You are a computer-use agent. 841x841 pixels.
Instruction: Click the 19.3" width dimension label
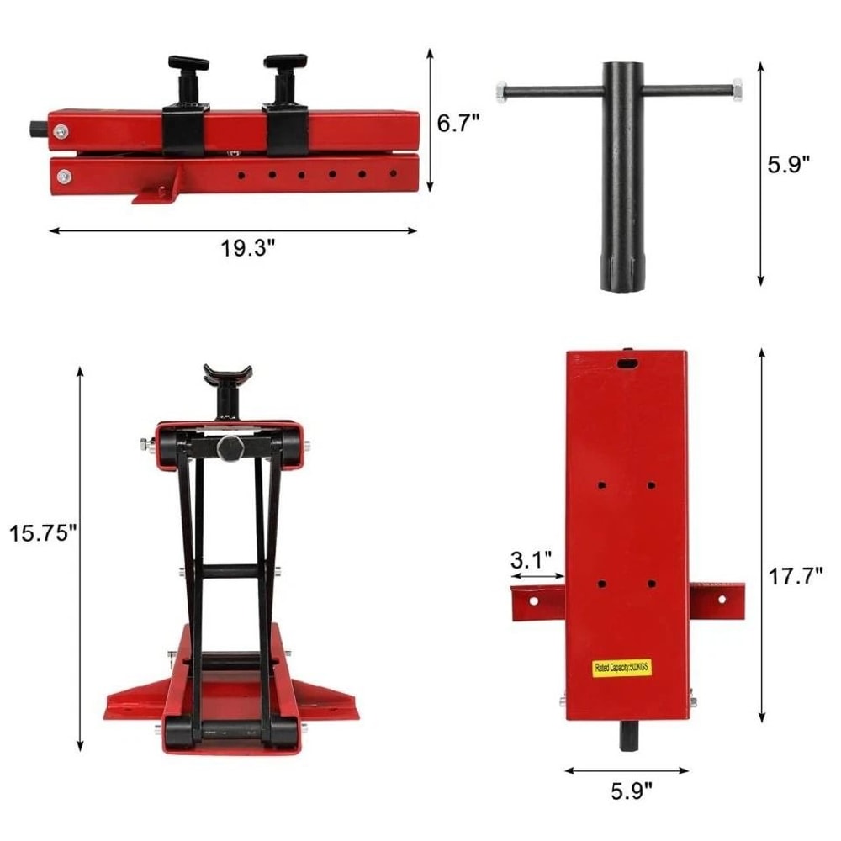[x=233, y=249]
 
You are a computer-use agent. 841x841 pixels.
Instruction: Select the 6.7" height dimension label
[x=458, y=123]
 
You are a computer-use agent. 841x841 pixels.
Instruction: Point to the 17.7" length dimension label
[x=795, y=577]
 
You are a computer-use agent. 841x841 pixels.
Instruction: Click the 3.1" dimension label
[x=531, y=559]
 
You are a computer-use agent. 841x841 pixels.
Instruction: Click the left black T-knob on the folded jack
[x=187, y=66]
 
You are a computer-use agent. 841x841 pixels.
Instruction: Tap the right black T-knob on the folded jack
[x=285, y=64]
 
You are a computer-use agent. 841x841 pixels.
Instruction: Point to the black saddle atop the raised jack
[x=226, y=373]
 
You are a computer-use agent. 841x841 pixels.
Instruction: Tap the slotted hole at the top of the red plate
[x=627, y=362]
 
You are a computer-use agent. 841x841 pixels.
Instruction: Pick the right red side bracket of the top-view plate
[x=717, y=599]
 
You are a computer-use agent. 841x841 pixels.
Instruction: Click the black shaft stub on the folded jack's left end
[x=39, y=130]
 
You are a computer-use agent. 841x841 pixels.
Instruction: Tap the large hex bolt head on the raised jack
[x=230, y=447]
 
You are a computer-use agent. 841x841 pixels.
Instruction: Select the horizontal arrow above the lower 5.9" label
[x=627, y=770]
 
